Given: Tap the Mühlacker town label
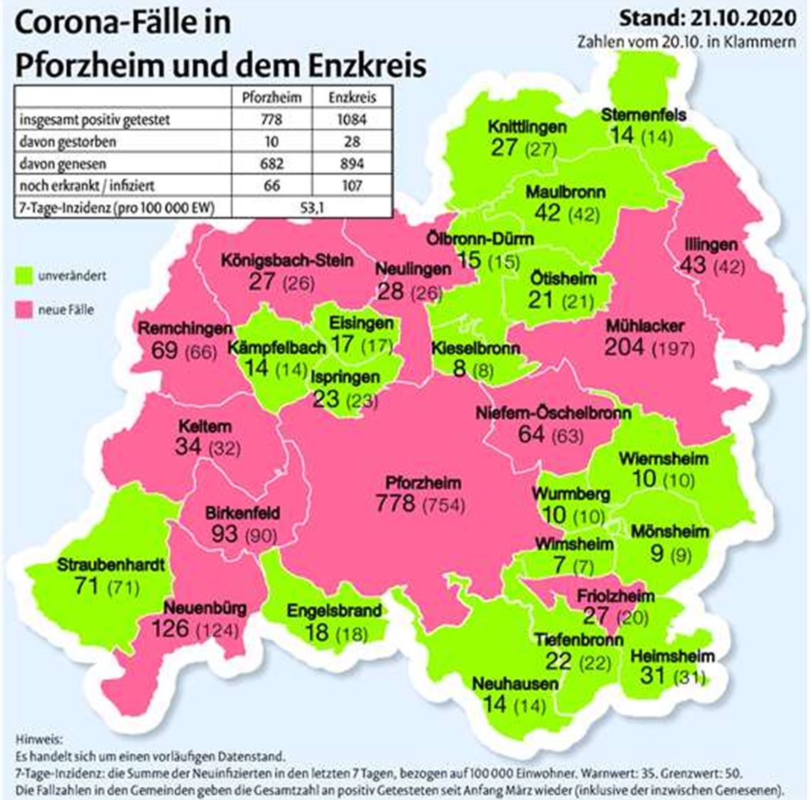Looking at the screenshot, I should click(x=645, y=327).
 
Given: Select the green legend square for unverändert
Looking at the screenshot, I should click(x=23, y=275).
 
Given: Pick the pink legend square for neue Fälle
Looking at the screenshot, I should click(x=23, y=309).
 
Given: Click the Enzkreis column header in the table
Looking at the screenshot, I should click(x=352, y=97).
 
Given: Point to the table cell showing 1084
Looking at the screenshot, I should click(x=352, y=119).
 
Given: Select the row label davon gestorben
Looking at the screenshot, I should click(x=67, y=141).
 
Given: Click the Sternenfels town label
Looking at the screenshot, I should click(x=644, y=114).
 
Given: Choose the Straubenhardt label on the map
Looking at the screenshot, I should click(x=111, y=566).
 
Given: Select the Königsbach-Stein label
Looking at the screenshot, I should click(x=286, y=260).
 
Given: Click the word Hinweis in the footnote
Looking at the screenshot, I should click(x=38, y=739).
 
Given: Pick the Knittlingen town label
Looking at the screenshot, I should click(x=527, y=127).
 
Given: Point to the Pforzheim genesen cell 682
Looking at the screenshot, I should click(x=271, y=163).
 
